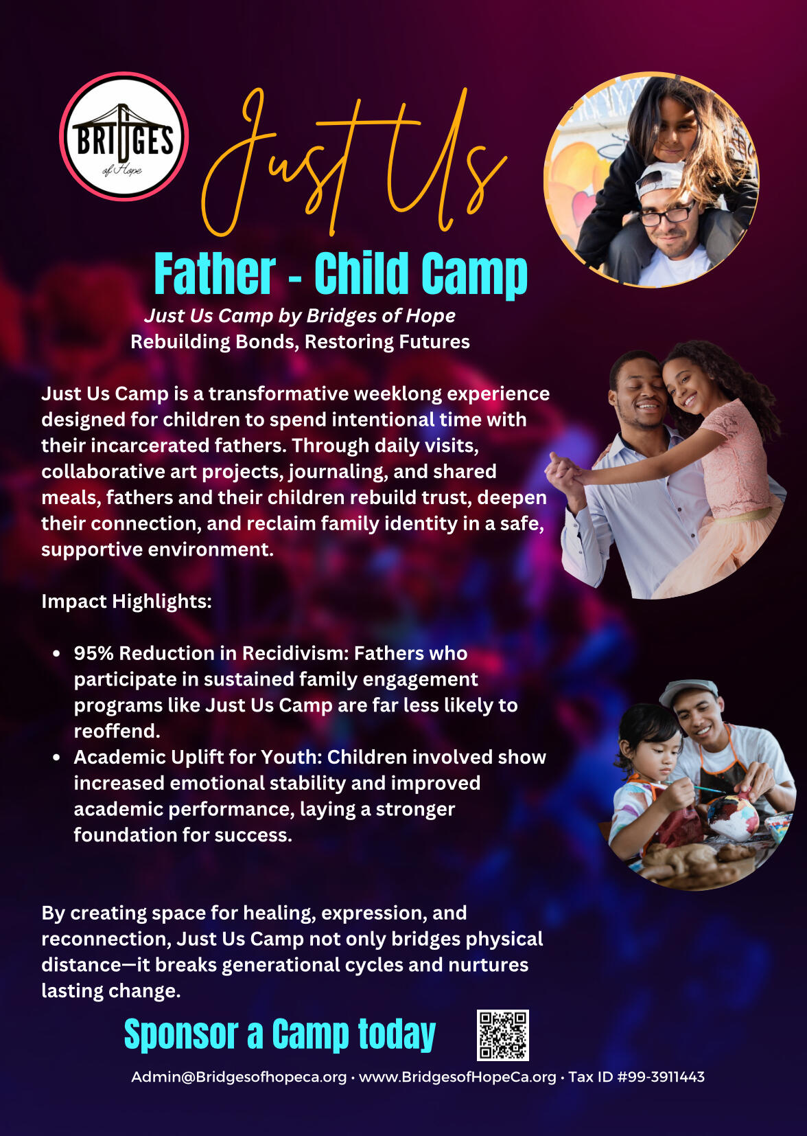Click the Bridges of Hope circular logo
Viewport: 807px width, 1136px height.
tap(124, 137)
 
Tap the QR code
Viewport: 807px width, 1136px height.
tap(502, 1035)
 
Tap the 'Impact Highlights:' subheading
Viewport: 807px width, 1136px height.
tap(127, 602)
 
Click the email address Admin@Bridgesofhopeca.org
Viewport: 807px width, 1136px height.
tap(239, 1077)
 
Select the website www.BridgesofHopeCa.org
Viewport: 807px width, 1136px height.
tap(458, 1077)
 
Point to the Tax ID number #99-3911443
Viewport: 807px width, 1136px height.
tap(661, 1077)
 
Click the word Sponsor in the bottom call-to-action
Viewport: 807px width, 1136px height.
tap(180, 1034)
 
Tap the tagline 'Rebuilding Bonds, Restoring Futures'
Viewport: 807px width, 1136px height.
tap(301, 342)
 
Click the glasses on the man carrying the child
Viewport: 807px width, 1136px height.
tap(667, 214)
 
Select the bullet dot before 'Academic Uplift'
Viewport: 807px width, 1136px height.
tap(57, 758)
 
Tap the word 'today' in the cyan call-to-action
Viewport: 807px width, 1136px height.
tap(397, 1034)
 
